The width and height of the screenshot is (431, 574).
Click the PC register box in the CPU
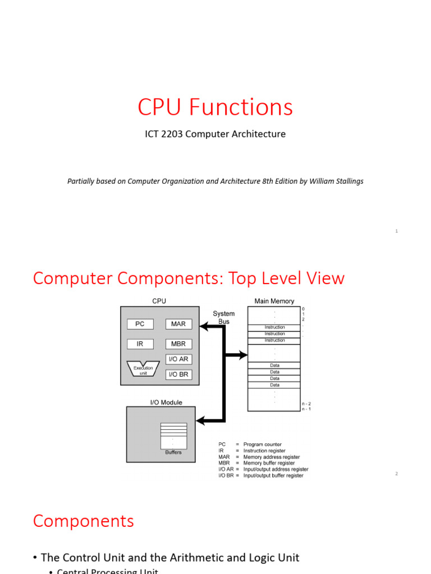click(x=140, y=324)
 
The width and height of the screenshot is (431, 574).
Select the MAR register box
click(x=178, y=324)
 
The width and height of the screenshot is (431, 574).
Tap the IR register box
click(x=140, y=344)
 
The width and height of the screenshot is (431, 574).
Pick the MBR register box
click(x=178, y=344)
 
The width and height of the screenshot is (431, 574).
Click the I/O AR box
click(x=178, y=359)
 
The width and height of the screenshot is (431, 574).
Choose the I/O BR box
click(x=178, y=374)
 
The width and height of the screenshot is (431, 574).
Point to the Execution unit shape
click(x=143, y=370)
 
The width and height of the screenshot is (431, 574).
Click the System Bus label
click(x=224, y=317)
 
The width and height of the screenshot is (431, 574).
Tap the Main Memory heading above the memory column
click(x=274, y=302)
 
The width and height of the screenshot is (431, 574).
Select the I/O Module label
click(x=166, y=402)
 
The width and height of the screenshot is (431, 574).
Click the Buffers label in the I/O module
click(x=173, y=452)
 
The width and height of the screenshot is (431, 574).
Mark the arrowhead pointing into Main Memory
click(x=243, y=355)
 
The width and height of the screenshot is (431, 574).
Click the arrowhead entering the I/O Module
click(x=200, y=420)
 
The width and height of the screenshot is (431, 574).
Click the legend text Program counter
click(x=263, y=445)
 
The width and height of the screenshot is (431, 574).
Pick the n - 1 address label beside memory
click(x=306, y=409)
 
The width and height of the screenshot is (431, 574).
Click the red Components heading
click(x=84, y=521)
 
